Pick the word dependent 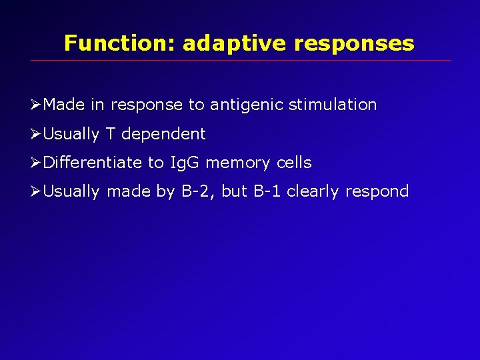[163, 134]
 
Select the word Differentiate [93, 163]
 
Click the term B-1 [267, 192]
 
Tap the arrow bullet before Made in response [37, 105]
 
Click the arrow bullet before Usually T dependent [37, 134]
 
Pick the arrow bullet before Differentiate [37, 163]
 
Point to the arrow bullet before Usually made [37, 192]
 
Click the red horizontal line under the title [240, 61]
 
